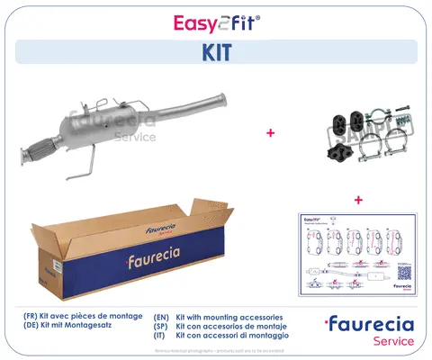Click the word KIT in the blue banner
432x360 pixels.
coord(215,53)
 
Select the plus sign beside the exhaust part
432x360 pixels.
coord(269,133)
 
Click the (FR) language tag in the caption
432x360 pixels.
coord(33,318)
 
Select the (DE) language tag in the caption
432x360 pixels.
coord(33,328)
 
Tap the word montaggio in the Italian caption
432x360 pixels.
coord(265,337)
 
